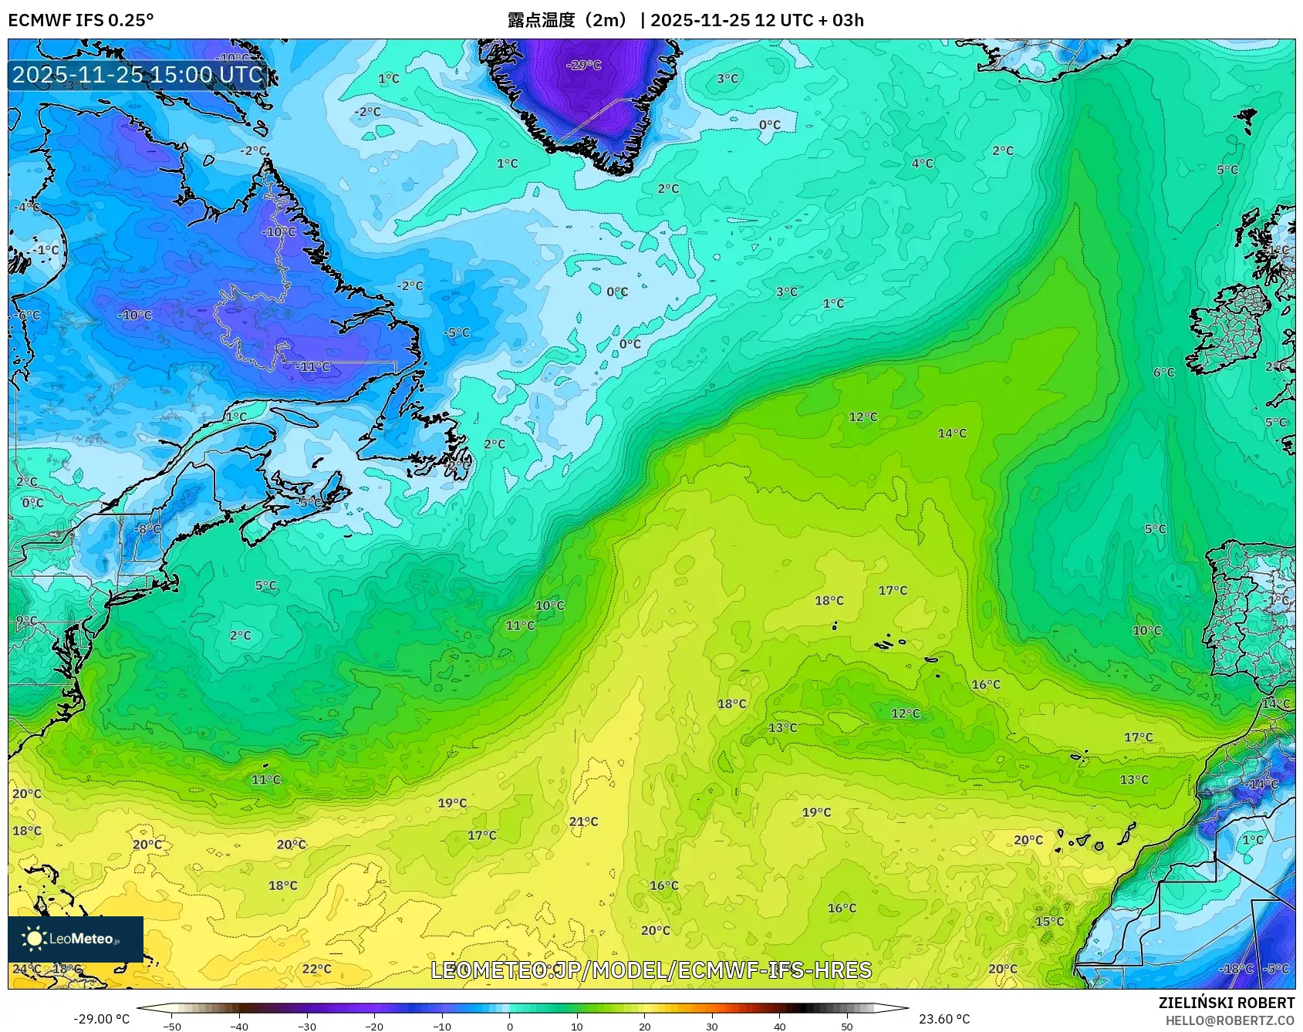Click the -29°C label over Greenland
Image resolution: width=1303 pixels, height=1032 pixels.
pos(583,65)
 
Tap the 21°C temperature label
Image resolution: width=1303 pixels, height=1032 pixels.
pos(583,821)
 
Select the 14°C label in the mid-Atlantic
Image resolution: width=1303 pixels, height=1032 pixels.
pos(952,433)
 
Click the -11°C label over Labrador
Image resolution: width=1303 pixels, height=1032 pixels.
pos(313,366)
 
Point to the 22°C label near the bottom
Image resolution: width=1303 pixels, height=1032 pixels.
pos(316,969)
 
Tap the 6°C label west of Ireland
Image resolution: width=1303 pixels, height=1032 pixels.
pos(1163,373)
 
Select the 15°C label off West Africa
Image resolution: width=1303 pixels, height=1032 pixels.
pos(1049,922)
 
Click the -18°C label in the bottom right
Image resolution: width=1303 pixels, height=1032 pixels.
pos(1236,969)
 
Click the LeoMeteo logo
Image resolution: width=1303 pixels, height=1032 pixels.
pos(76,939)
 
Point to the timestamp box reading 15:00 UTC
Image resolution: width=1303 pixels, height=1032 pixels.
pos(138,75)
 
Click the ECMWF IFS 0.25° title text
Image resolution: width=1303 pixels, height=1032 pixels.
pos(81,20)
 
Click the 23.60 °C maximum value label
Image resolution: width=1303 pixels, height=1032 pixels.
pos(943,1019)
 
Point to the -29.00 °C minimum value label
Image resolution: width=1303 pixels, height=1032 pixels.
pos(101,1019)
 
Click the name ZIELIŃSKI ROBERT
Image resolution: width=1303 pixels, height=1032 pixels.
pos(1226,1003)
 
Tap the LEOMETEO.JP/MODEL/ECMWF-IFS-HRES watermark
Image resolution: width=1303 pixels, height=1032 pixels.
pos(650,970)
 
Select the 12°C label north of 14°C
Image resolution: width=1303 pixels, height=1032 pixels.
pos(862,417)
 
